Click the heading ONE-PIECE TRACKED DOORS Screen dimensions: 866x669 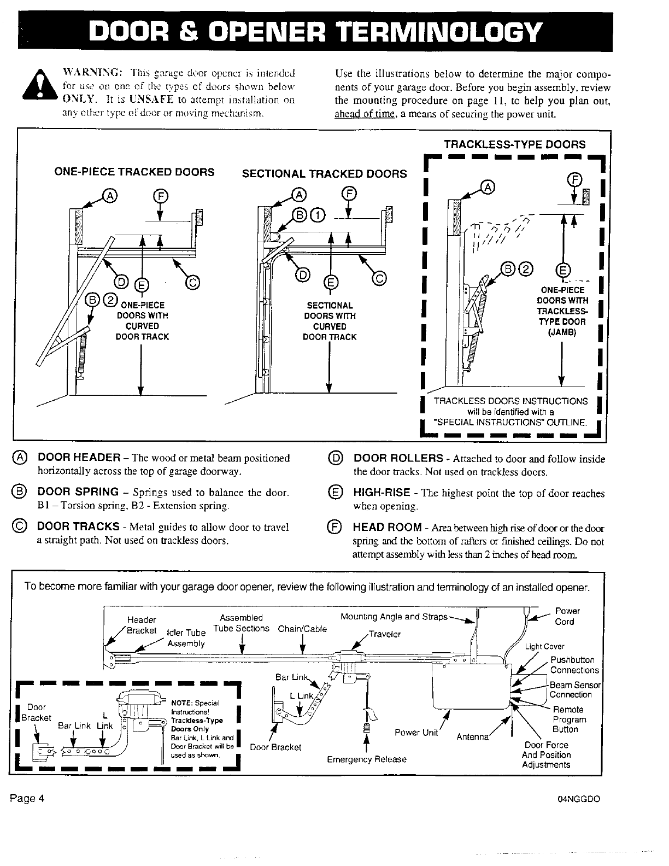coord(134,172)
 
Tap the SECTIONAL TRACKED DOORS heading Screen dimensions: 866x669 coord(324,173)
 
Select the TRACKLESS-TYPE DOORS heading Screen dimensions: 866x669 coord(514,144)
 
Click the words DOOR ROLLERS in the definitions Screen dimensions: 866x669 coord(398,458)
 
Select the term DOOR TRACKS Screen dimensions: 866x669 coord(78,526)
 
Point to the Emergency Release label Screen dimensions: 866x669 coord(367,759)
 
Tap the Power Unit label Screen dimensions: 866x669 coord(416,733)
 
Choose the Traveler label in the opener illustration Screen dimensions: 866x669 coord(385,634)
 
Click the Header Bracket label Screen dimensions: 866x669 coord(142,625)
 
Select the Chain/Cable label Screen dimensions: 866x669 coord(302,629)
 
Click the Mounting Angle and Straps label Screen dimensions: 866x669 coord(394,617)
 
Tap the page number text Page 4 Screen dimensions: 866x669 coord(26,798)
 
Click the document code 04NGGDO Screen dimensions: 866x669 coord(579,799)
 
